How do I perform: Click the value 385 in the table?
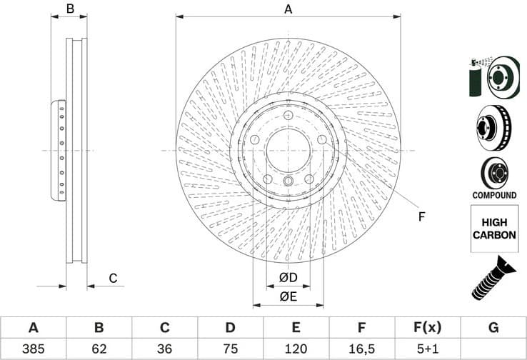tap(33, 350)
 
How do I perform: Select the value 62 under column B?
tap(99, 350)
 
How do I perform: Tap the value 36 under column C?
tap(164, 350)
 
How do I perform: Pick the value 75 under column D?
tap(230, 350)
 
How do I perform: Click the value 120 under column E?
tap(296, 350)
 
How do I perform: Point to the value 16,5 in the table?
tap(361, 350)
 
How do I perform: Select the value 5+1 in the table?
tap(427, 350)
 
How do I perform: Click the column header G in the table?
tap(493, 328)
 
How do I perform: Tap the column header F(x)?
tap(427, 328)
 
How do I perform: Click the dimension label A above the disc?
tap(288, 9)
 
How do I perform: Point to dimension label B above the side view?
tap(70, 9)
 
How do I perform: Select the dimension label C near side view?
tap(112, 278)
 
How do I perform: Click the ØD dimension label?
tap(288, 277)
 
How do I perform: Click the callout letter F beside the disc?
tap(421, 216)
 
